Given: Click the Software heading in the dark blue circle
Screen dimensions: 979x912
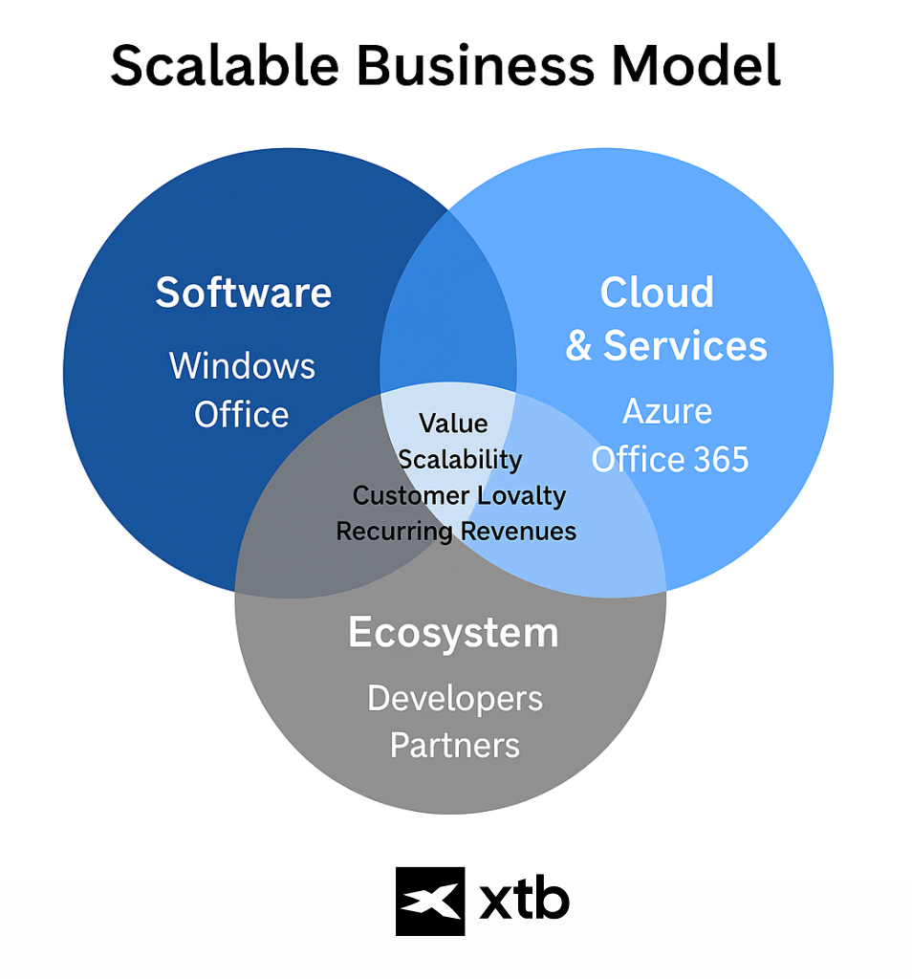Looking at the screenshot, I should [x=244, y=292].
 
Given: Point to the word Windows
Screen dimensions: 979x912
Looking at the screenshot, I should [x=242, y=366].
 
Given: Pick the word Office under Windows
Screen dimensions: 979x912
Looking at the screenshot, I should [x=242, y=415].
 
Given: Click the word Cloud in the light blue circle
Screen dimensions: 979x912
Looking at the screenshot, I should [x=657, y=293].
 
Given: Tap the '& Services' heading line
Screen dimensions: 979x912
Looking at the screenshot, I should [x=666, y=345].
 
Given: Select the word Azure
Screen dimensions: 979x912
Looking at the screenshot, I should [x=667, y=412].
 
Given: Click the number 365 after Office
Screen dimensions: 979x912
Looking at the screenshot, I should [x=714, y=460].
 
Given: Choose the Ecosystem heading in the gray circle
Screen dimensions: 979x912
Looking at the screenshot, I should [x=453, y=633].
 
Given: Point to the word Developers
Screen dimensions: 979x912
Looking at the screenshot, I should [x=455, y=698].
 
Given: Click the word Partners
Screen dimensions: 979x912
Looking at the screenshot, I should [x=455, y=745].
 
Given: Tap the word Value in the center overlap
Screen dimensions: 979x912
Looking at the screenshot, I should [x=453, y=424].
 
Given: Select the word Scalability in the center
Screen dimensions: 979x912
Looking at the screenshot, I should [x=460, y=460].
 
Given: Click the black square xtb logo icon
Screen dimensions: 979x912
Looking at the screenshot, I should [x=430, y=901].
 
